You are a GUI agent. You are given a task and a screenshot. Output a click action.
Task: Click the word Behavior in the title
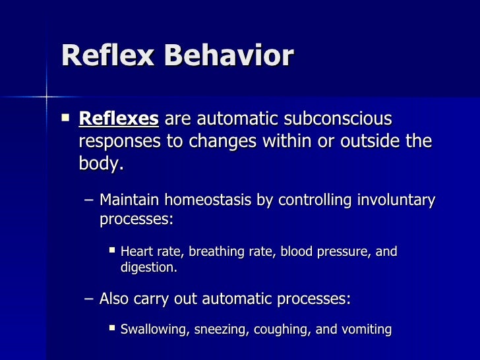point(227,57)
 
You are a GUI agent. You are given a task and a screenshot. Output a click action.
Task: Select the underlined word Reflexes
point(119,119)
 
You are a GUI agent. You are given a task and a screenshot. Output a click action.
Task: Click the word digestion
point(149,268)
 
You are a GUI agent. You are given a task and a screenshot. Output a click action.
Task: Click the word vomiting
point(366,329)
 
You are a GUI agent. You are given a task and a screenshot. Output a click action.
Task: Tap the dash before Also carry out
point(89,299)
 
